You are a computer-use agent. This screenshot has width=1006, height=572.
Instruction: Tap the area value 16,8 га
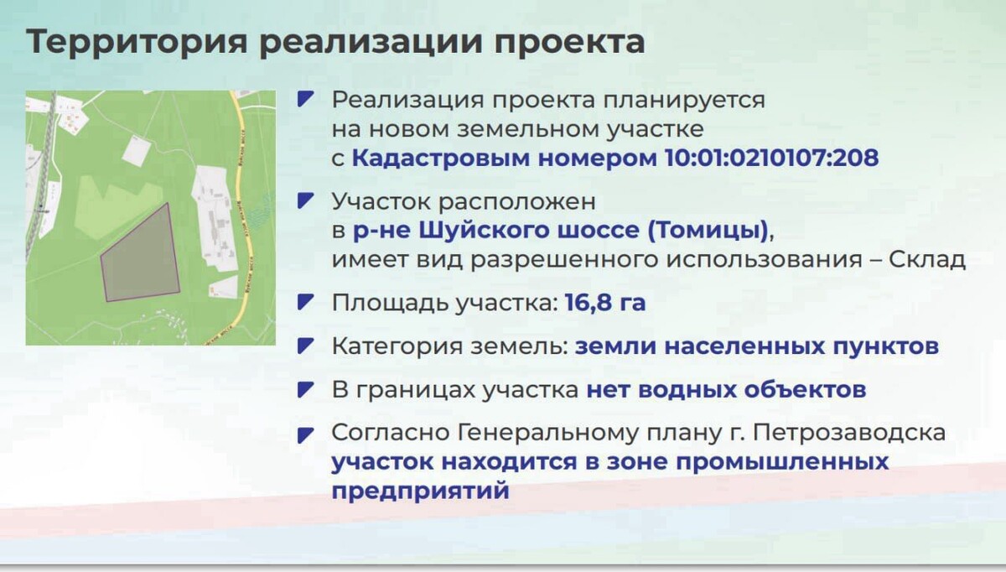click(605, 303)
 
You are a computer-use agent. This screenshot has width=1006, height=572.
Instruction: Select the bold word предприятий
click(420, 490)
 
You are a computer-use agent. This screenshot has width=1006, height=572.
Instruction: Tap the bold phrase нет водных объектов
click(726, 390)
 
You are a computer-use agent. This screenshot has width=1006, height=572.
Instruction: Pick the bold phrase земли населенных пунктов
click(757, 346)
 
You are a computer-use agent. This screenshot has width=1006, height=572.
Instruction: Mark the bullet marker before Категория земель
click(306, 346)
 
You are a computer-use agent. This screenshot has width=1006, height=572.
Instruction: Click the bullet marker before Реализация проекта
click(306, 99)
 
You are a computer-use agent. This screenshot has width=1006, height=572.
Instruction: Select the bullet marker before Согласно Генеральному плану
click(306, 434)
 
